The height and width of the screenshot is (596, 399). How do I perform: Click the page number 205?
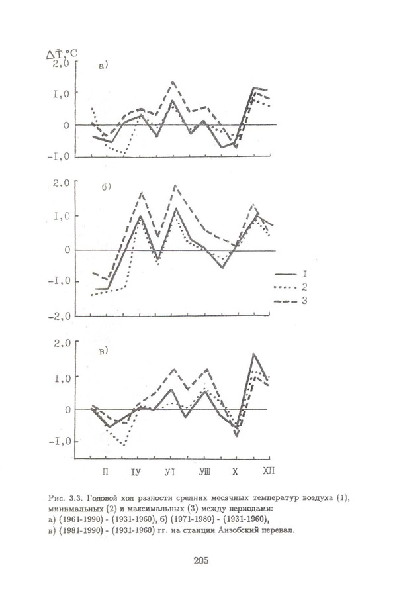pos(201,561)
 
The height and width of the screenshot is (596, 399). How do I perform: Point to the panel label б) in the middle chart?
pos(105,187)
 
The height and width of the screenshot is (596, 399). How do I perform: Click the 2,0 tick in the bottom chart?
pos(62,343)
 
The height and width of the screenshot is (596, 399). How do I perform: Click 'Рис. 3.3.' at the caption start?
pos(64,497)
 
